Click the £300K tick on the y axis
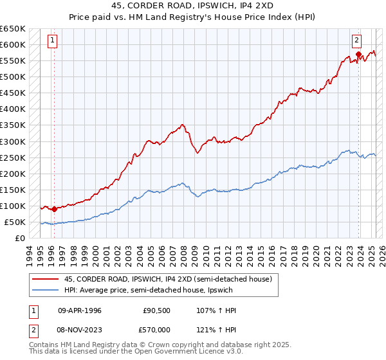[13, 141]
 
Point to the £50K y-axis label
[15, 222]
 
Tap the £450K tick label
[13, 93]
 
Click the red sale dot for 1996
[54, 208]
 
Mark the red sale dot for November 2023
[359, 54]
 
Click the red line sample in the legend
[46, 279]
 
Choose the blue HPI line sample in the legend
[46, 290]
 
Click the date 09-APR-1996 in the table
[80, 310]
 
